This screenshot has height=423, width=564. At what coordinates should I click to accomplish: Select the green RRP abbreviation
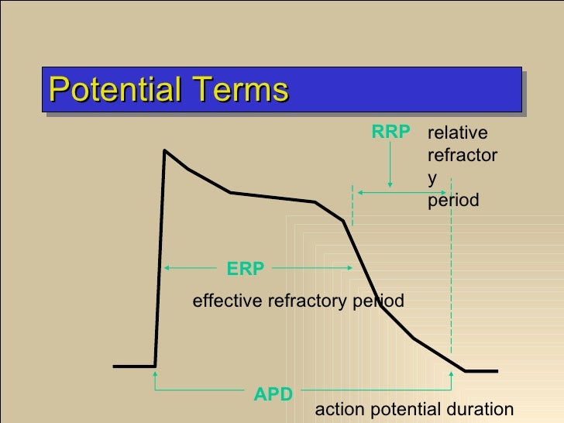pyautogui.click(x=390, y=132)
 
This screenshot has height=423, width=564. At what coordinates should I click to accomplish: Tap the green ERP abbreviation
pyautogui.click(x=246, y=269)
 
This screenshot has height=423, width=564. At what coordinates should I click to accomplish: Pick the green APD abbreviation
pyautogui.click(x=273, y=394)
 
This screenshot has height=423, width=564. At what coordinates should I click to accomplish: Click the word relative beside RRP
pyautogui.click(x=459, y=132)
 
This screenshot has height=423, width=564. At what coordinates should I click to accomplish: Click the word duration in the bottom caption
pyautogui.click(x=480, y=410)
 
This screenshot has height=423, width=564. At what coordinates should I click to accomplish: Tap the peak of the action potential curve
pyautogui.click(x=165, y=150)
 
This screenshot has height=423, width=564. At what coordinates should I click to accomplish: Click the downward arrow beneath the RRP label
pyautogui.click(x=390, y=183)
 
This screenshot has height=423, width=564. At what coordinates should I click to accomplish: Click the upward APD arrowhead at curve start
pyautogui.click(x=156, y=374)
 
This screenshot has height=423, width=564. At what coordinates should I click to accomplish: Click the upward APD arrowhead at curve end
pyautogui.click(x=451, y=374)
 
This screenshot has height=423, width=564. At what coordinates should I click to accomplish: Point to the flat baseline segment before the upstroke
pyautogui.click(x=134, y=365)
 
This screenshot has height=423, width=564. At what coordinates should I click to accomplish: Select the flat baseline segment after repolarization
pyautogui.click(x=481, y=371)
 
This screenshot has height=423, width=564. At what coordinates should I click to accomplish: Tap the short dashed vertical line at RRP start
pyautogui.click(x=353, y=205)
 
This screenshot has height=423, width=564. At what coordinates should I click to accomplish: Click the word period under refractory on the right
pyautogui.click(x=453, y=201)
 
